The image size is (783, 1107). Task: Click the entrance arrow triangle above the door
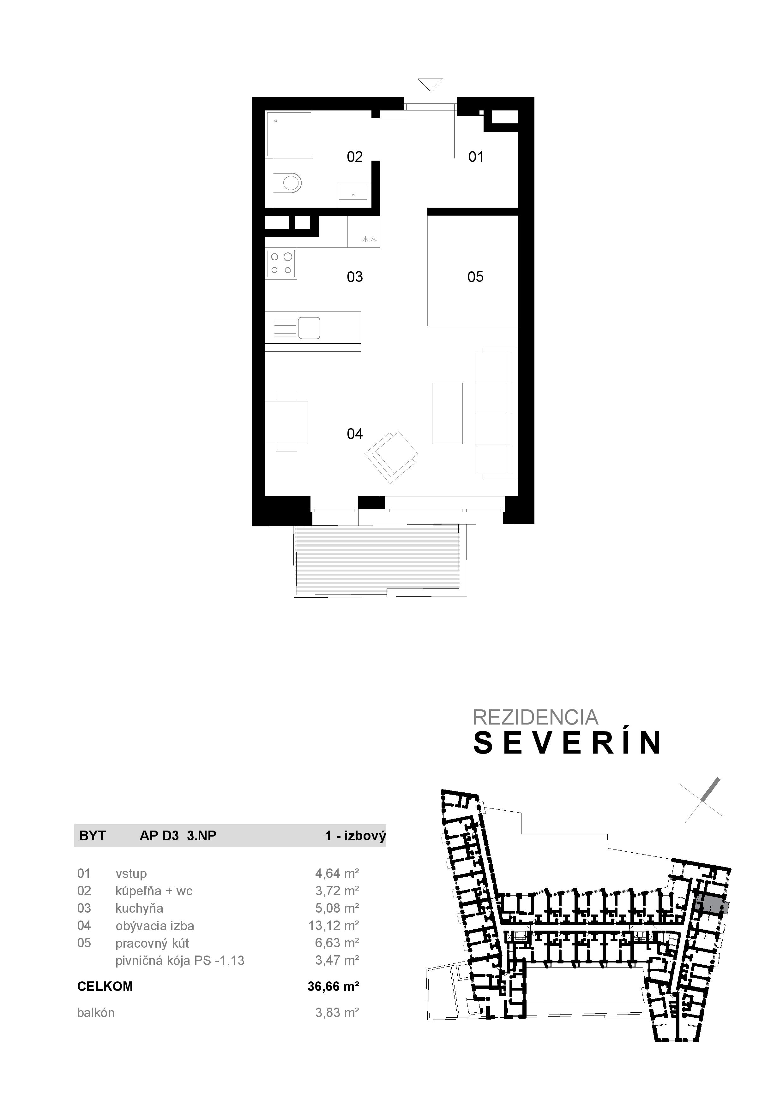[x=430, y=84]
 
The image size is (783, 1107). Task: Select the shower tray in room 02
[x=289, y=133]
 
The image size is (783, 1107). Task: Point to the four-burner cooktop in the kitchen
[x=281, y=263]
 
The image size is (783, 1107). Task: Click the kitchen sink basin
[x=309, y=328]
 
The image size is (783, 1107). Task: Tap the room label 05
[x=475, y=277]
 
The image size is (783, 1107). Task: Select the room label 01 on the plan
[x=476, y=157]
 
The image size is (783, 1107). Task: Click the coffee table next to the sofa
[x=447, y=413]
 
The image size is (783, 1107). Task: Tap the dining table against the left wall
[x=286, y=422]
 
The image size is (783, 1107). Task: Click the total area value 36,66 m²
[x=333, y=986]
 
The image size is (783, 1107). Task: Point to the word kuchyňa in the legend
[x=139, y=909]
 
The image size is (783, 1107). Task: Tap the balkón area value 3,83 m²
[x=337, y=1013]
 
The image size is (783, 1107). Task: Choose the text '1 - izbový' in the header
[x=355, y=836]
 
